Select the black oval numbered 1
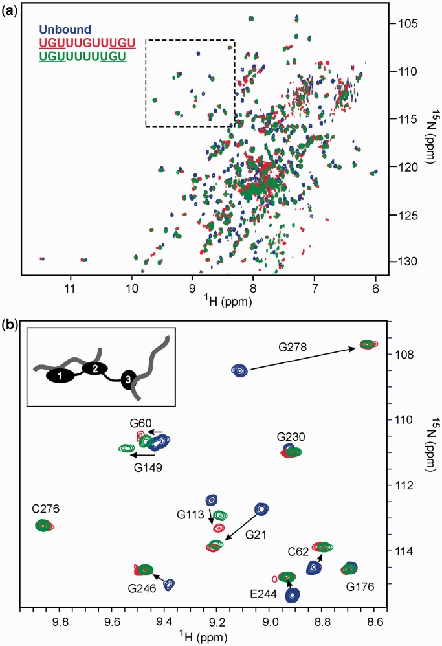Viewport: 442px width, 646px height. [59, 375]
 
